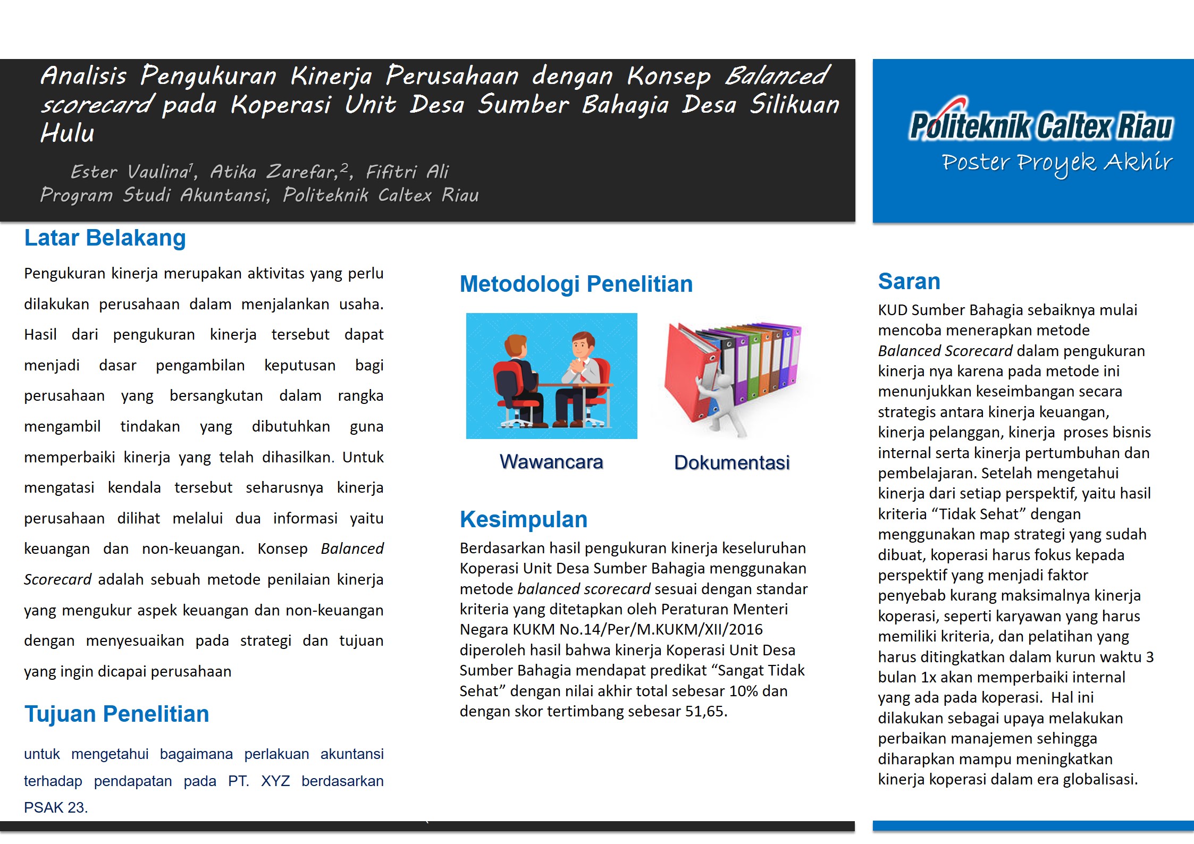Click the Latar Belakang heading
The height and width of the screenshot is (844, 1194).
click(x=105, y=238)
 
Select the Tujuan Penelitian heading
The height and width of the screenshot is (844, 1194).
click(x=116, y=714)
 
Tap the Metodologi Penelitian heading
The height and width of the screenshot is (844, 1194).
click(x=576, y=284)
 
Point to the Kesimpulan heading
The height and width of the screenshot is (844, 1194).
click(x=523, y=519)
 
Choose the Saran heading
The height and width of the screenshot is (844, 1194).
click(x=909, y=281)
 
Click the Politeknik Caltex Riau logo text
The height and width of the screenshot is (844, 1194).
click(x=1040, y=126)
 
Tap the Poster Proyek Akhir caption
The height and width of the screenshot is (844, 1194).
click(x=1056, y=162)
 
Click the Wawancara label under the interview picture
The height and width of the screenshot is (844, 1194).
click(x=551, y=462)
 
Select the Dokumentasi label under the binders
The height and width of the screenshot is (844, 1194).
click(x=731, y=462)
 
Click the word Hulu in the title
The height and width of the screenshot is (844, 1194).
click(x=68, y=133)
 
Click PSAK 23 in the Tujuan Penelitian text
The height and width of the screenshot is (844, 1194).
click(x=55, y=807)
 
